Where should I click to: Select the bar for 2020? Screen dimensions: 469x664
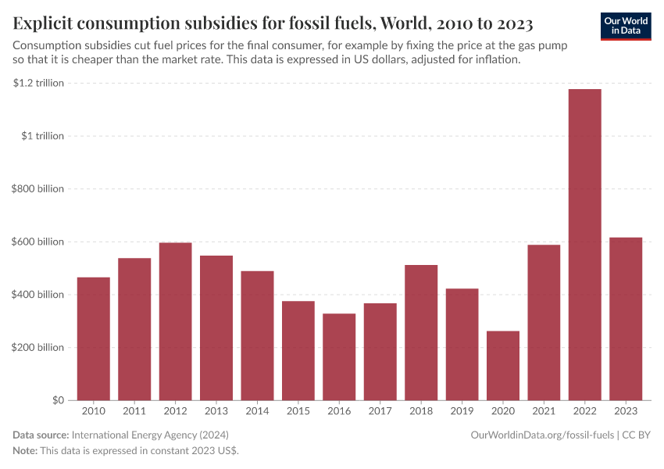[x=502, y=365]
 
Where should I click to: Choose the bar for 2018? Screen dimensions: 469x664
[x=421, y=332]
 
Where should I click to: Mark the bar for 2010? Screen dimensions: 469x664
[x=93, y=338]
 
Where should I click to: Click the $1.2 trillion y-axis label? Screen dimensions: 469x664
[x=38, y=83]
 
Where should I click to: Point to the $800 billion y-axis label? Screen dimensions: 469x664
[x=38, y=188]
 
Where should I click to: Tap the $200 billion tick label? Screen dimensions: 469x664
[x=38, y=347]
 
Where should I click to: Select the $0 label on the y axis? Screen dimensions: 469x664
[x=58, y=400]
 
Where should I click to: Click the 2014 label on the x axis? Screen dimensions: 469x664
[x=257, y=411]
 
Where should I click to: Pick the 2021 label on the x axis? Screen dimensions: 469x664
[x=544, y=411]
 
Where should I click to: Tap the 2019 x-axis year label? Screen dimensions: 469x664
[x=462, y=411]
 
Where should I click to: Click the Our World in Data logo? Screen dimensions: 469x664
[x=625, y=26]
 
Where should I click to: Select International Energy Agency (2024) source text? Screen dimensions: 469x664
[x=150, y=435]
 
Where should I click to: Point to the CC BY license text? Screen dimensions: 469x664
[x=637, y=435]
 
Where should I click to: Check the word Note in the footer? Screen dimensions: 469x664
[x=26, y=451]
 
